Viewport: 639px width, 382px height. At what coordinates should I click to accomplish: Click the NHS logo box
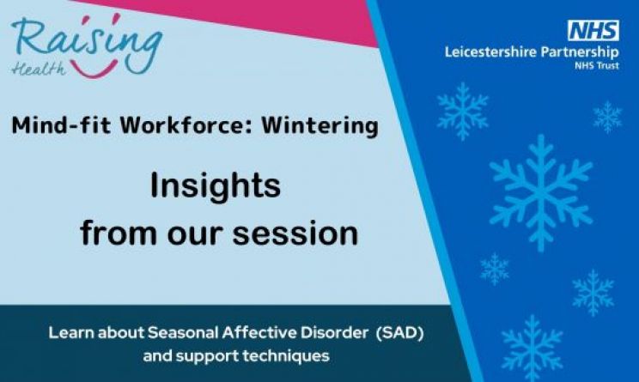(593, 31)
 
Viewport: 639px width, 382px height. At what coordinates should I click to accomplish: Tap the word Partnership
(580, 53)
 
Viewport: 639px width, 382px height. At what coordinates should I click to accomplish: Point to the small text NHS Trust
(597, 65)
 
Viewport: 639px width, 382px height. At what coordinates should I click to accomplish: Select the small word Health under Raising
(39, 70)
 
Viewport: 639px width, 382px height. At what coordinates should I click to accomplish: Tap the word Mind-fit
(61, 125)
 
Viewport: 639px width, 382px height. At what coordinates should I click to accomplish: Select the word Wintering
(319, 126)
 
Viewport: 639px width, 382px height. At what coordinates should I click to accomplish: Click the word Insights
(216, 186)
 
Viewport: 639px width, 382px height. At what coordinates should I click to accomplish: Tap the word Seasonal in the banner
(183, 333)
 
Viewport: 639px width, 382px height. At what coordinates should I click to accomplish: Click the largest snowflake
(541, 192)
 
